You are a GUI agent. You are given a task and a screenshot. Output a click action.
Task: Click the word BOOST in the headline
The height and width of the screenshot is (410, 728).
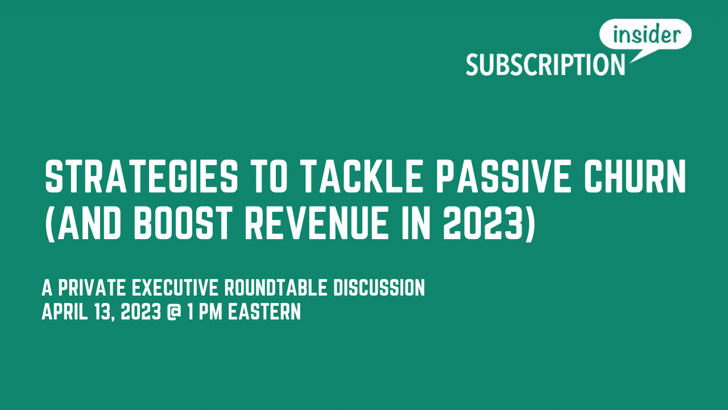point(183,224)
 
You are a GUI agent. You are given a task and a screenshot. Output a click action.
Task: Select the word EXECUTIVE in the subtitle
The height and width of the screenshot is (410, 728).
point(175,288)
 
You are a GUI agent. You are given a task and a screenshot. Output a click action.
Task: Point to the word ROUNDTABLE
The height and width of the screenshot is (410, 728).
point(276,288)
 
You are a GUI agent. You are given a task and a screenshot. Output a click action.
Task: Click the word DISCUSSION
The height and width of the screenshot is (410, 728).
point(379,288)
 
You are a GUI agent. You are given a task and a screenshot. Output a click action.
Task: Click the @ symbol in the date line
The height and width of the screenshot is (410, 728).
point(173,311)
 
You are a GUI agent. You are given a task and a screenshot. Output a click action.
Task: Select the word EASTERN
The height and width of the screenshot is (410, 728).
point(264,311)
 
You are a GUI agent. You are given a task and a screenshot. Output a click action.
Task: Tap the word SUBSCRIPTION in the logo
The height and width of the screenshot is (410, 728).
point(545,65)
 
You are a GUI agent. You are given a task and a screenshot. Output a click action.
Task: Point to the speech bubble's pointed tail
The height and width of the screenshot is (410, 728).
point(631,62)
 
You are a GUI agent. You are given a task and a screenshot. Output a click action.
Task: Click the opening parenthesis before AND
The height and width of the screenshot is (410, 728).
point(49,224)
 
